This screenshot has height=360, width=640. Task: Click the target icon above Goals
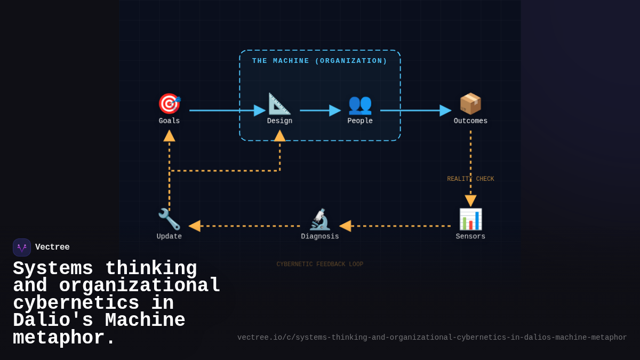[169, 103]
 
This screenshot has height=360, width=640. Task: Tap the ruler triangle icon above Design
[279, 103]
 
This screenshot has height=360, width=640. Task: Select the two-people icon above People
[360, 103]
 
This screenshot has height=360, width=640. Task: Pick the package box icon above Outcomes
[470, 103]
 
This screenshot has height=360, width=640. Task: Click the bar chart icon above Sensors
[470, 219]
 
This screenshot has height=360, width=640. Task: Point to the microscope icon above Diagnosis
[320, 219]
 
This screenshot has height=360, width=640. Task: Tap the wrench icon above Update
[169, 219]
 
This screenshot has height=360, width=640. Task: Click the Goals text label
[169, 121]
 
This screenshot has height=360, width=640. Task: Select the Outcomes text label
[470, 121]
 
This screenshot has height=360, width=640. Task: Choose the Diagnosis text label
[320, 237]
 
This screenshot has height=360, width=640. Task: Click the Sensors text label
[470, 237]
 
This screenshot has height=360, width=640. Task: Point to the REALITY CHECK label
[470, 179]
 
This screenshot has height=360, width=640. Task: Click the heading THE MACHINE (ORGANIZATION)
[320, 61]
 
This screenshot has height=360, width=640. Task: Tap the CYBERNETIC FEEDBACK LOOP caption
[320, 265]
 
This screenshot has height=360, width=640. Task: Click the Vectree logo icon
[22, 247]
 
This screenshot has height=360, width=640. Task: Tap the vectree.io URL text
[432, 338]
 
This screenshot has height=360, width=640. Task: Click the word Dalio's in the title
[53, 321]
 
